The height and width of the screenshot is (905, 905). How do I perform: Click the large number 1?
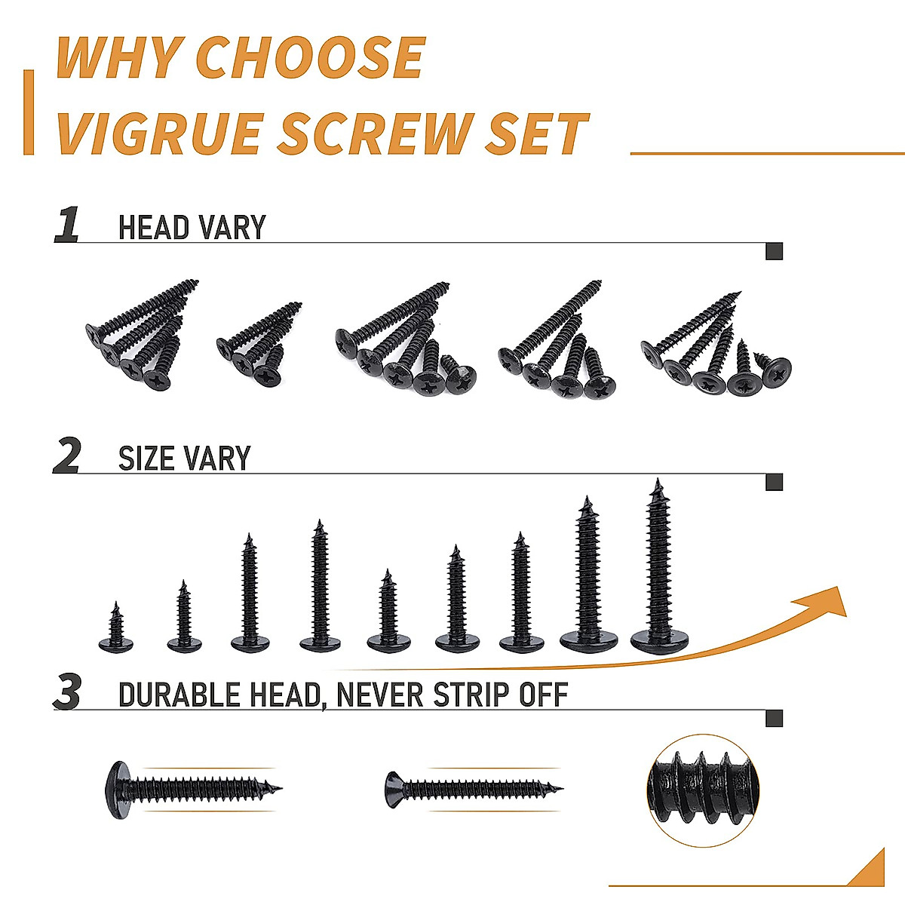67,225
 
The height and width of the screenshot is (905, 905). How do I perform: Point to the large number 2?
67,457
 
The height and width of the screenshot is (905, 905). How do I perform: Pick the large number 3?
68,693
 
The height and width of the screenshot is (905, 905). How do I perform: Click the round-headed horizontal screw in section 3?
193,790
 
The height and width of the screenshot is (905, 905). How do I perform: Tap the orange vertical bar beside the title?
29,112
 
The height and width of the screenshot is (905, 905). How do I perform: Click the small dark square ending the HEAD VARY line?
774,251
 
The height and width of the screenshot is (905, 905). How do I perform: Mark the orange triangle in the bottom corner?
869,871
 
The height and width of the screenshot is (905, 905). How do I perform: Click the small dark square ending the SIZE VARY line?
774,482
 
